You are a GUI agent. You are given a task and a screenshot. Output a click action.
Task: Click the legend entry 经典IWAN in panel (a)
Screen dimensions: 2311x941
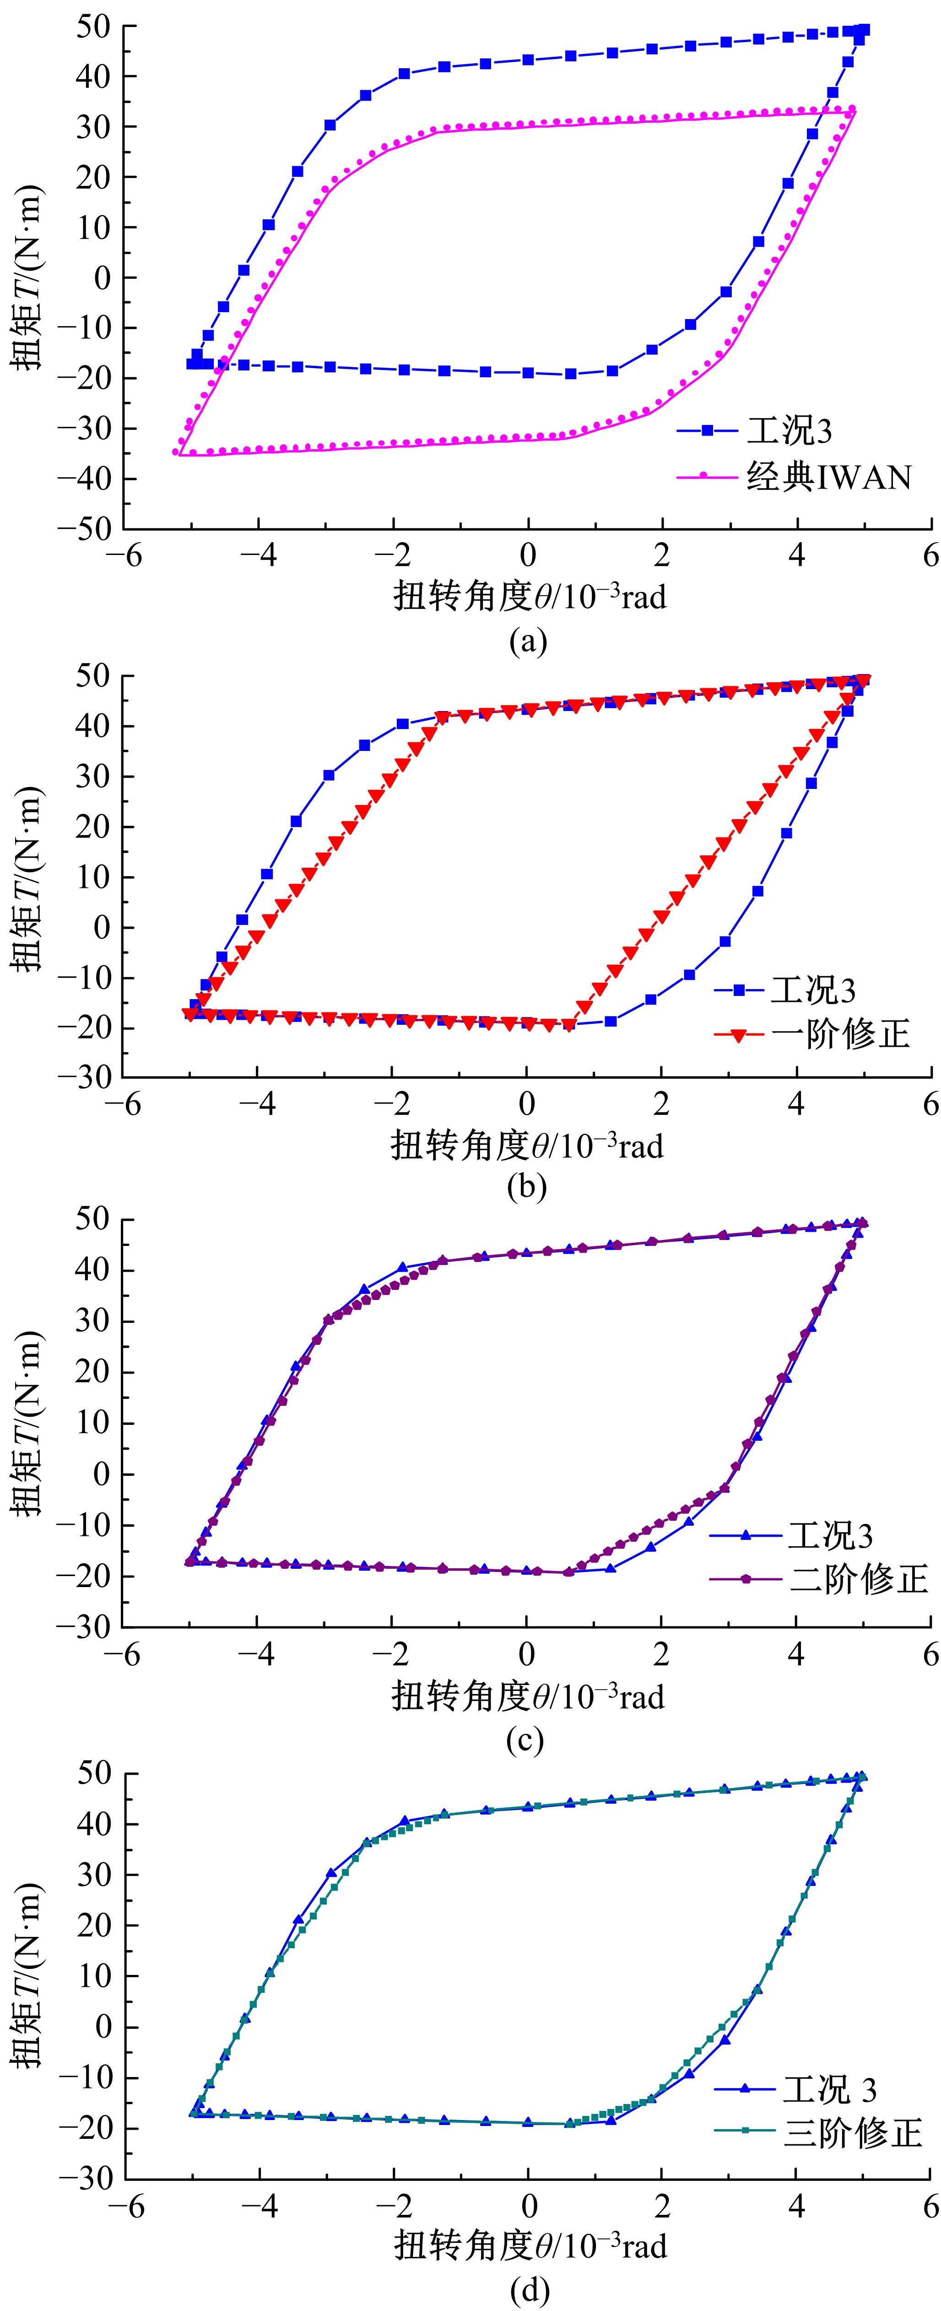tap(827, 477)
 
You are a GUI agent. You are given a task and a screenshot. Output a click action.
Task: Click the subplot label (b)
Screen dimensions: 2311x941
tap(526, 1187)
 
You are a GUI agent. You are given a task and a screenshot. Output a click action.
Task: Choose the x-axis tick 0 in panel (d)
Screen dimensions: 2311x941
tap(529, 2206)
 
